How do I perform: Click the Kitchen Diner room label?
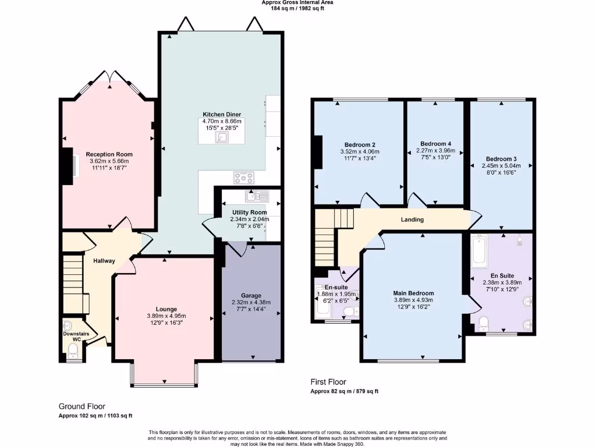pos(222,114)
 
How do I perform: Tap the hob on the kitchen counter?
pos(244,178)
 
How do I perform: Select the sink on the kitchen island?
pos(222,137)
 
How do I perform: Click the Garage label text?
pos(251,295)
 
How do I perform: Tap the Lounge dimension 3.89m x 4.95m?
pos(166,316)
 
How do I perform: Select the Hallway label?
pos(104,261)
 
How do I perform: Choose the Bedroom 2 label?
pos(359,144)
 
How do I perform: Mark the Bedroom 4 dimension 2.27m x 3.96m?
pos(435,151)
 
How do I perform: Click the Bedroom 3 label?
pos(501,159)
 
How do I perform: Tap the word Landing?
pos(412,219)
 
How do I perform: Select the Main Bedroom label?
pos(414,293)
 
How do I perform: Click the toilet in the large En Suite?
pos(483,323)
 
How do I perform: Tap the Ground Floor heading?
pos(82,406)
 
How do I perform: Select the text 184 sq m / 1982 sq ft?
pos(297,9)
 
